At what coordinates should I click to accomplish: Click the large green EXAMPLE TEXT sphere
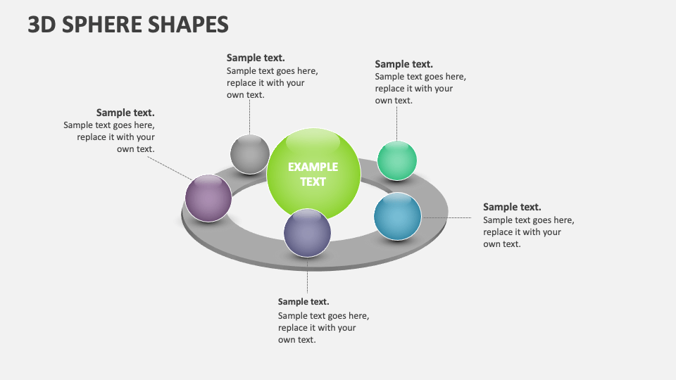tap(313, 175)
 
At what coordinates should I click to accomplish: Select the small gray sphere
tap(250, 153)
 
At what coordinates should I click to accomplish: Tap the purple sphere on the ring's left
tap(208, 198)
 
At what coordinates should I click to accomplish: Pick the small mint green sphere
tap(397, 160)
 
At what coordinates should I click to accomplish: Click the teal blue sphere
tap(397, 216)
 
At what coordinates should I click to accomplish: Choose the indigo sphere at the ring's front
tap(307, 232)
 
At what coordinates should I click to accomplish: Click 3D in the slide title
tap(42, 24)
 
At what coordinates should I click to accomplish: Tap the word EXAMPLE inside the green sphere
tap(313, 167)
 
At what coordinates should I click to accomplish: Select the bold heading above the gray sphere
tap(256, 58)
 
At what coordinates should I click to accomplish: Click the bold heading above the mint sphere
tap(403, 64)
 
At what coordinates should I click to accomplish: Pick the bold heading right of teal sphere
tap(512, 207)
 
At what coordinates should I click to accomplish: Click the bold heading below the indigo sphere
tap(303, 302)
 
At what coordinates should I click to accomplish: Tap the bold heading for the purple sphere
tap(125, 113)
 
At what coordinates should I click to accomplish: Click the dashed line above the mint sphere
tap(396, 124)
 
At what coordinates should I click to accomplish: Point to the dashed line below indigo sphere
tap(307, 276)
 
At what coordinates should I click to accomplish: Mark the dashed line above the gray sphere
tap(249, 118)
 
